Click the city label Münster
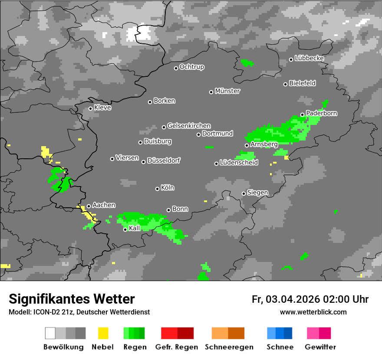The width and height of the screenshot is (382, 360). (227, 91)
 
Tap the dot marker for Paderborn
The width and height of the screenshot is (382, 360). (303, 115)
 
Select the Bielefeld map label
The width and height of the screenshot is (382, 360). (302, 83)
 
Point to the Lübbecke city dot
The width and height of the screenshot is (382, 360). (291, 59)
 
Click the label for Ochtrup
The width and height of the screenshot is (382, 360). (191, 67)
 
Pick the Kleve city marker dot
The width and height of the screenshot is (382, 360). (90, 108)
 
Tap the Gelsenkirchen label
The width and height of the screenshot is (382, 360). (189, 126)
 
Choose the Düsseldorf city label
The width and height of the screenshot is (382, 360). (163, 160)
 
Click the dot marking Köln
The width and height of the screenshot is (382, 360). (157, 189)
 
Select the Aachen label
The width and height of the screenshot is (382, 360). (104, 205)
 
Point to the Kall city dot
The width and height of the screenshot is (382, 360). (125, 229)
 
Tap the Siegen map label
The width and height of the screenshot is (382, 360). (257, 193)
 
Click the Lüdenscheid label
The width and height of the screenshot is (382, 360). (239, 163)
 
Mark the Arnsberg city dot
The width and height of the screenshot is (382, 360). (247, 145)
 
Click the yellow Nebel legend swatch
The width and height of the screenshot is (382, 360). (103, 333)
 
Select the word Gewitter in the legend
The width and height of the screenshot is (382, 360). (320, 347)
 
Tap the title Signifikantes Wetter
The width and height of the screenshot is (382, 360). (72, 299)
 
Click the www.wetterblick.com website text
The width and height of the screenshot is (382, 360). (313, 312)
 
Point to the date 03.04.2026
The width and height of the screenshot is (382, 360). (293, 299)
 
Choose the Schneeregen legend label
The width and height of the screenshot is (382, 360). (229, 347)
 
